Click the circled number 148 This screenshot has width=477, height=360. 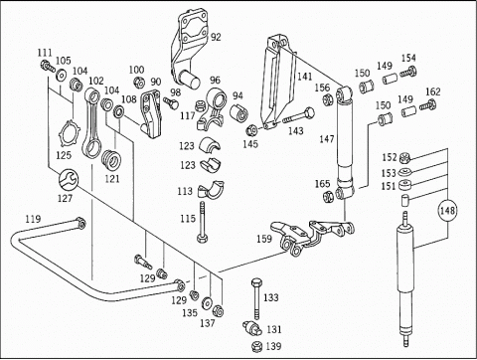(447, 210)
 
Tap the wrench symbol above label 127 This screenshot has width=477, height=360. (69, 179)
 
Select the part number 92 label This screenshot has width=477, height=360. (216, 37)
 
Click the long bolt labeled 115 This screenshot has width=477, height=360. (202, 222)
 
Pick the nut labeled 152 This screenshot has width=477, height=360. (405, 157)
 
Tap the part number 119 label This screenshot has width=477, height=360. (33, 219)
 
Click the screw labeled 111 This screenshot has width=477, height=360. (48, 66)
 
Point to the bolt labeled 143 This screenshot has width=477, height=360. (299, 116)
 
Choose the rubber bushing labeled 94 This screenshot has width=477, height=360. (239, 113)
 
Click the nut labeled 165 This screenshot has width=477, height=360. (328, 197)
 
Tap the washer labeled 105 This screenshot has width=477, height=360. (61, 75)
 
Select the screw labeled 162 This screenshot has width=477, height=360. (427, 105)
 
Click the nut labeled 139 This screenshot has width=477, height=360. (256, 346)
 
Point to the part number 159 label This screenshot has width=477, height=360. (264, 239)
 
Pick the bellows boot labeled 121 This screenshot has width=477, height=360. (110, 160)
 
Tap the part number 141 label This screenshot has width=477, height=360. (304, 77)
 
